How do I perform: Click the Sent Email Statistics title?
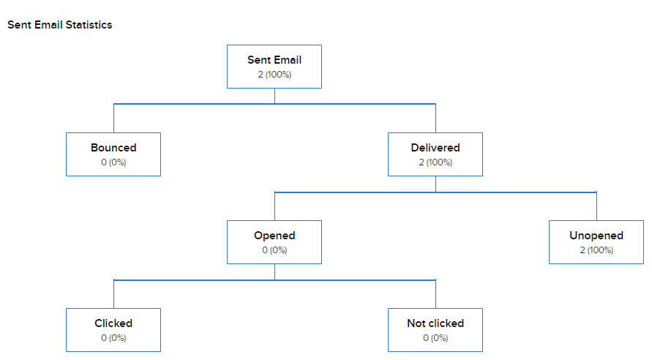(60, 25)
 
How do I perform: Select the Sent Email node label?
(274, 60)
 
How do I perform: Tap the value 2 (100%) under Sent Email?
(274, 75)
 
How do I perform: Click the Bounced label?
(113, 148)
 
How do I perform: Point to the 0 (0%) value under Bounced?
(113, 162)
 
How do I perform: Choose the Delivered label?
(435, 148)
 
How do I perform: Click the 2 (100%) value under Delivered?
(435, 162)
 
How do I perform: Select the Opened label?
(274, 236)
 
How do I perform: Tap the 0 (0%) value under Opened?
(274, 250)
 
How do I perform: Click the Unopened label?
(596, 236)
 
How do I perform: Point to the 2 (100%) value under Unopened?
(596, 250)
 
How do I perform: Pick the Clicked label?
(113, 323)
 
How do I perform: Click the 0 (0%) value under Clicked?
(113, 338)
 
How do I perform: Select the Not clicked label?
(435, 323)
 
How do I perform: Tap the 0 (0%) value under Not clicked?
(435, 338)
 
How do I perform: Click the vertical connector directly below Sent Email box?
(274, 96)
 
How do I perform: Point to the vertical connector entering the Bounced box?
(113, 119)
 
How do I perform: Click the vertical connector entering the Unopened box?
(596, 206)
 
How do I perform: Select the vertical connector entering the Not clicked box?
(435, 294)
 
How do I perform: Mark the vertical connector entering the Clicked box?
(113, 294)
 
